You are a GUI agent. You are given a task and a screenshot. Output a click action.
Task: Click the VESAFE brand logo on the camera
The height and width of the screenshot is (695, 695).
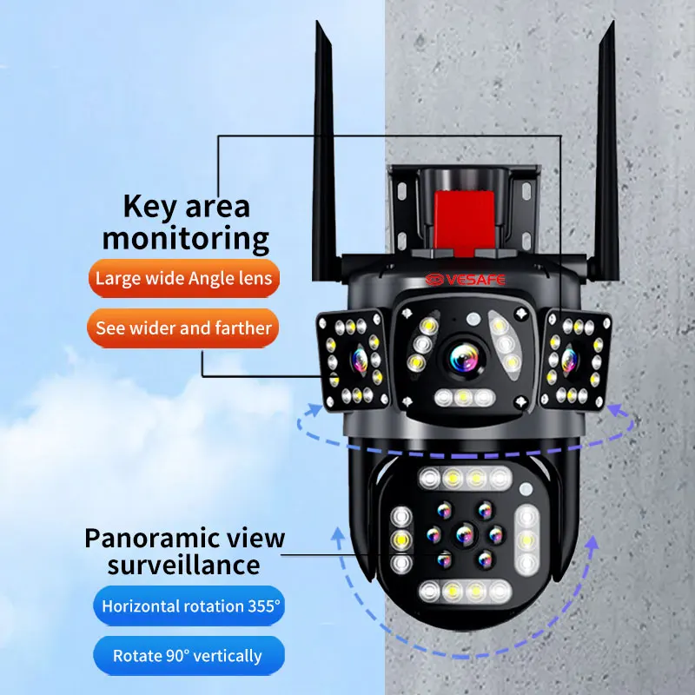463,281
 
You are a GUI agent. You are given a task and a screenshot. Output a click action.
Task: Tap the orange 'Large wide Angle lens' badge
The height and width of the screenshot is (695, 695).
183,279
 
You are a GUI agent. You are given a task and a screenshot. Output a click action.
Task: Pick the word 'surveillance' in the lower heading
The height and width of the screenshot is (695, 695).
183,566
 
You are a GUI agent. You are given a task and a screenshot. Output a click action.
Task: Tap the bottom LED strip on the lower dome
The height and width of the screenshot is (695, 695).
464,592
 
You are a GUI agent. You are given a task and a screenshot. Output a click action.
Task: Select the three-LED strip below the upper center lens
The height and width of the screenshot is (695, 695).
464,397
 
